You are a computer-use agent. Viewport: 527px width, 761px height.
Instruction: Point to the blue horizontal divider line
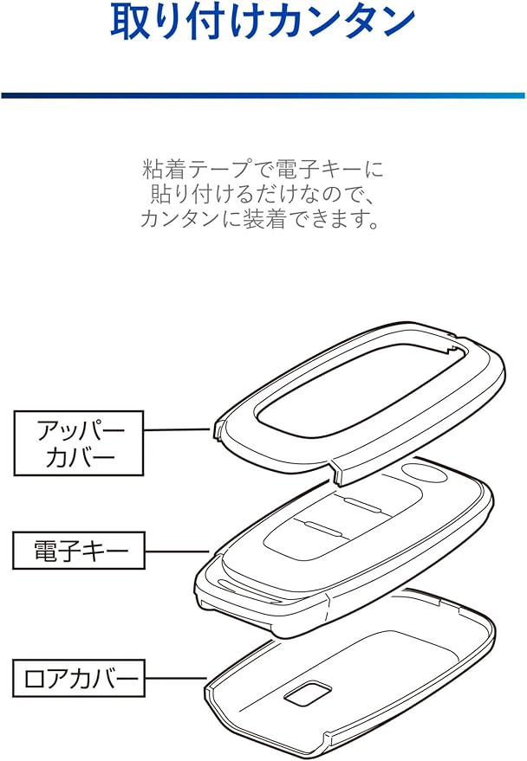263,94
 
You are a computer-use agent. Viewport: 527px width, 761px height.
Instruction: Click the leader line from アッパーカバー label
179,429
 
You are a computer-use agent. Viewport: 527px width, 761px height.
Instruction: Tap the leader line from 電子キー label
177,550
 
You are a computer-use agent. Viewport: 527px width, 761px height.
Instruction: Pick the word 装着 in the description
253,219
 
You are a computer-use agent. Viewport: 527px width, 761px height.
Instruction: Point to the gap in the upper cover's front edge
335,465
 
